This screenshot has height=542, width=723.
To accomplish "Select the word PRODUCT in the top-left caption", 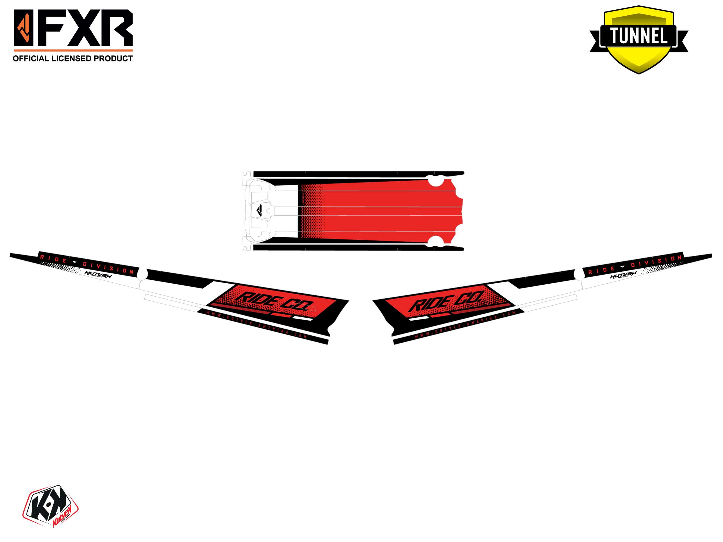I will pyautogui.click(x=114, y=59).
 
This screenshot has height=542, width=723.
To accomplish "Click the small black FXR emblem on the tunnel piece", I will pyautogui.click(x=259, y=210).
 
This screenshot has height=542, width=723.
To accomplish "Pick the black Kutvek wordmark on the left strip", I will pyautogui.click(x=98, y=275).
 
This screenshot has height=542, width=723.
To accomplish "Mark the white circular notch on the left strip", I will pyautogui.click(x=142, y=273).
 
